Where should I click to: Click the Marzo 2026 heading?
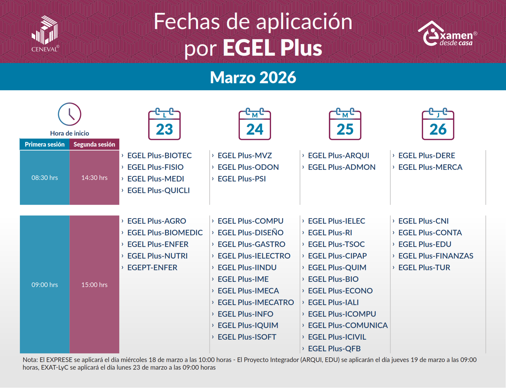tap(253, 77)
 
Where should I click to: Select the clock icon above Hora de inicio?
tap(69, 114)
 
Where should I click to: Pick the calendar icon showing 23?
tap(165, 124)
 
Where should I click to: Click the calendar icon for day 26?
tap(438, 124)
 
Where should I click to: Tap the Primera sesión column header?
tap(45, 144)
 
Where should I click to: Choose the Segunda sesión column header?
tap(94, 144)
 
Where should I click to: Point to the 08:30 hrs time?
tap(45, 178)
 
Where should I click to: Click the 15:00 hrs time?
tap(94, 285)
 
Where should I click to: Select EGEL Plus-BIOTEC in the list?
tap(159, 156)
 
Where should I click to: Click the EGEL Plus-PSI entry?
tap(242, 179)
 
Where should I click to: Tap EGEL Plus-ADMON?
tap(341, 167)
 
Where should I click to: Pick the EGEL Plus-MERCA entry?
tap(430, 167)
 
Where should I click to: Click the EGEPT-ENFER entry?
tap(152, 268)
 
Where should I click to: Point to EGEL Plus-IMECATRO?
tap(255, 303)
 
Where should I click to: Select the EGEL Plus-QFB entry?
tap(334, 349)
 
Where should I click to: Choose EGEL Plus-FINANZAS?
tap(436, 256)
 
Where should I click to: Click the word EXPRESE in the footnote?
tap(59, 360)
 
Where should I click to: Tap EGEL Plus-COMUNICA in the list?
tap(348, 326)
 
